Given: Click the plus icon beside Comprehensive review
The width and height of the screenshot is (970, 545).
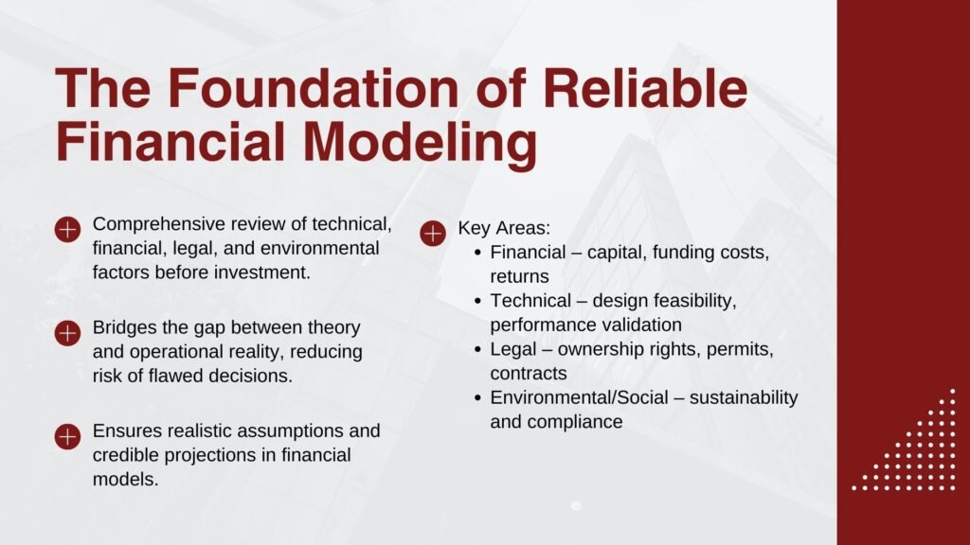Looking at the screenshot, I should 67,230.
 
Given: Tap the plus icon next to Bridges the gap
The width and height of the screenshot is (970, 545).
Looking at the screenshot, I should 67,333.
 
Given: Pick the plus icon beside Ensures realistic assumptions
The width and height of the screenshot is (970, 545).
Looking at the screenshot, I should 67,436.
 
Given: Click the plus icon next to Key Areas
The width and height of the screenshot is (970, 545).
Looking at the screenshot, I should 432,233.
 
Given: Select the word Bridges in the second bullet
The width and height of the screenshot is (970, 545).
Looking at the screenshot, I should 123,328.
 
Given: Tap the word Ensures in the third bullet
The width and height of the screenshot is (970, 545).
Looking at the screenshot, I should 124,431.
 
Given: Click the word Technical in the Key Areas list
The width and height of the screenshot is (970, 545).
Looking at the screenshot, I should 530,301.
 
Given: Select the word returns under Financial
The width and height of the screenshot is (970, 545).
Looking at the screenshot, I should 519,277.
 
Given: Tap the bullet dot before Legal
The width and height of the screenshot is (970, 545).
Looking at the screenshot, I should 479,350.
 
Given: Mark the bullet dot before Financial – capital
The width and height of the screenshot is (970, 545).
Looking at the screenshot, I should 479,254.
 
